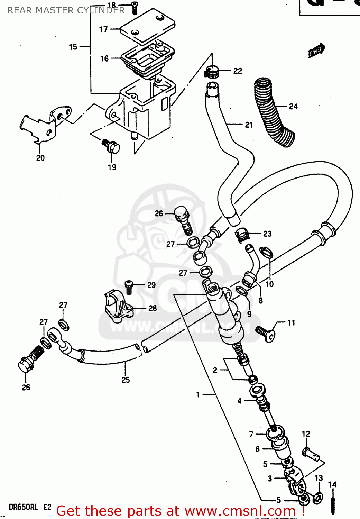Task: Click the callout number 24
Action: point(293,107)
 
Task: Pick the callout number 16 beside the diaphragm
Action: point(104,58)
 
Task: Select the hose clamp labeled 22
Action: point(211,71)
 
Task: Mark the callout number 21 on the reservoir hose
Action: point(249,125)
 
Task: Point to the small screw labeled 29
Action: point(129,287)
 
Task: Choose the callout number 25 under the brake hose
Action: point(126,380)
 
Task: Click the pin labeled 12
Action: point(311,454)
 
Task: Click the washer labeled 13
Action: point(318,498)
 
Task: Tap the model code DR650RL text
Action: point(24,507)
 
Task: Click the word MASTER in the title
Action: point(55,10)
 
